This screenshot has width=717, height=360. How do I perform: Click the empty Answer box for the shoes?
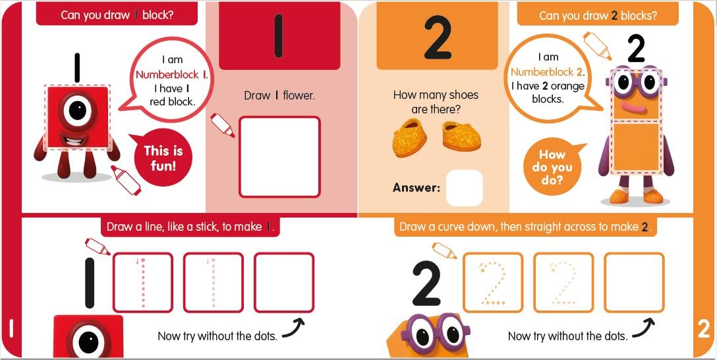coord(464,188)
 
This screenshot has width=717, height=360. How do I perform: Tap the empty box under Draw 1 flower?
coord(279,157)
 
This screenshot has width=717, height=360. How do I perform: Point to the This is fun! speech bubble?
coord(163,157)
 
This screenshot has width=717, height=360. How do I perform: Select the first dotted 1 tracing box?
coord(143,282)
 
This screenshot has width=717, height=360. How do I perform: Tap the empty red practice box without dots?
coord(284,282)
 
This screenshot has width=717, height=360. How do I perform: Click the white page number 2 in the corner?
coord(704,328)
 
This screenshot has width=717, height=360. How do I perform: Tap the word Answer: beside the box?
coord(416,188)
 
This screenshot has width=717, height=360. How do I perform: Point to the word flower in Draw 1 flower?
coord(299,96)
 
